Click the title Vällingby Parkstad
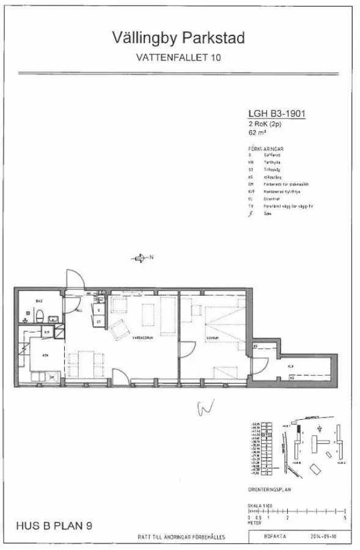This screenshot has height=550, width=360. (x=178, y=39)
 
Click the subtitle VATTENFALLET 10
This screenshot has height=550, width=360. (x=178, y=58)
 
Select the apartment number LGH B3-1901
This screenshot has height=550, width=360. (x=277, y=112)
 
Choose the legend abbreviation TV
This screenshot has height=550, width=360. (x=251, y=206)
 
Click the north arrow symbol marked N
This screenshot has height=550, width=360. (x=141, y=258)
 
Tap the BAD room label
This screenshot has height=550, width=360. (x=38, y=301)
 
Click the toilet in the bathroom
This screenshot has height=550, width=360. (x=39, y=317)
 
